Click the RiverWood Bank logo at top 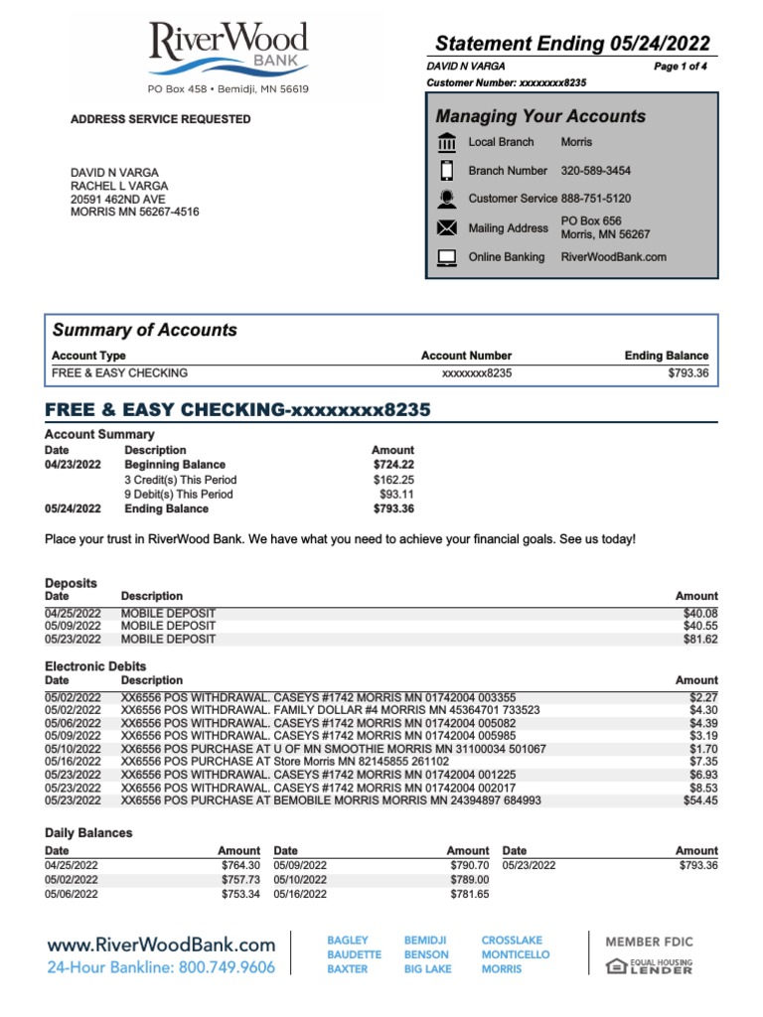point(228,50)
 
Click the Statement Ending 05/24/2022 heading point(573,43)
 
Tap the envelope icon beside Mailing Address point(447,228)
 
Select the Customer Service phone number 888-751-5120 point(595,199)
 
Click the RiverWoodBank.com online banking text point(613,257)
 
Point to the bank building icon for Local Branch point(447,142)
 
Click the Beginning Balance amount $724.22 point(393,465)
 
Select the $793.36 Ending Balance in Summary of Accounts point(688,373)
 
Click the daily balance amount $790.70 point(468,865)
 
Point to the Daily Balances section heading point(88,832)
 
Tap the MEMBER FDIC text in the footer point(649,942)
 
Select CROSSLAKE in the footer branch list point(512,940)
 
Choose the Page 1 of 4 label point(681,66)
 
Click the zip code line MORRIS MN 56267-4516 point(134,212)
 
